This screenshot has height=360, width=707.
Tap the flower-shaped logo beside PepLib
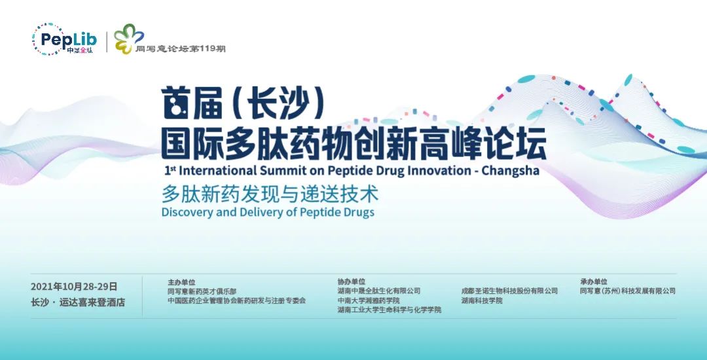click(128, 39)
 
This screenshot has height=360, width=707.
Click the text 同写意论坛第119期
click(181, 48)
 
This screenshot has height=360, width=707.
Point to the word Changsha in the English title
click(510, 171)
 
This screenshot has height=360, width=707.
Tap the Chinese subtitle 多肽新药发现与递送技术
click(270, 194)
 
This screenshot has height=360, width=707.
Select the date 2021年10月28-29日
click(74, 287)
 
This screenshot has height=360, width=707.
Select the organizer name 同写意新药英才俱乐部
click(202, 291)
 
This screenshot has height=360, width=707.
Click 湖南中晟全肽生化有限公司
click(379, 291)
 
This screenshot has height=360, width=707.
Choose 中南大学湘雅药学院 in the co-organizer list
click(369, 300)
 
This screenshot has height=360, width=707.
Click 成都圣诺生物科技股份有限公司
click(509, 291)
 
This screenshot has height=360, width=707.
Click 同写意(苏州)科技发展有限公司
click(628, 291)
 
